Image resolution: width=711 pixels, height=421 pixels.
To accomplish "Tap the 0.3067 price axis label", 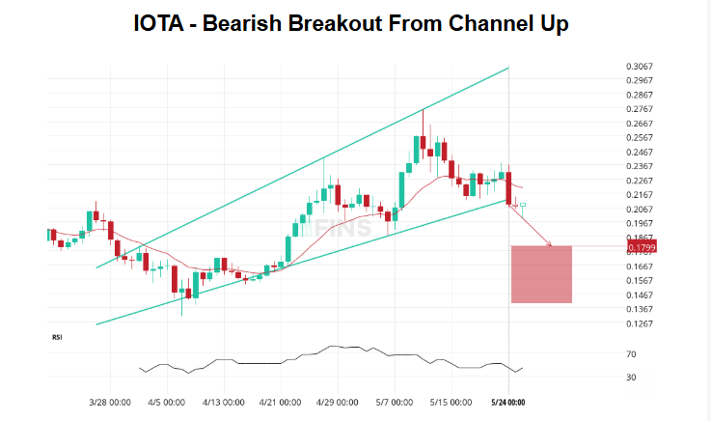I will [639, 67].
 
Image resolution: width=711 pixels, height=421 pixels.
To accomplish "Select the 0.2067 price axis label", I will [639, 210].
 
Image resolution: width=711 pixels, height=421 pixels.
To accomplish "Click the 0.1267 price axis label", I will [639, 323].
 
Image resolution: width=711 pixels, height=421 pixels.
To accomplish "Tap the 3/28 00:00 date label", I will [110, 402].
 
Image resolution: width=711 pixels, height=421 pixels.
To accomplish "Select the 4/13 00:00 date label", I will [224, 402].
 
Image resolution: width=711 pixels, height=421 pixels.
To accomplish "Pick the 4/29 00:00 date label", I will [337, 402].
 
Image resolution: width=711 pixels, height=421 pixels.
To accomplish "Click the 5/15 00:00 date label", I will [449, 402].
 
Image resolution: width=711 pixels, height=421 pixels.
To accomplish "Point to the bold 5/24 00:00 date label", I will [507, 402].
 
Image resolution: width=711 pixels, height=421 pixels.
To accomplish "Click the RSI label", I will [57, 337].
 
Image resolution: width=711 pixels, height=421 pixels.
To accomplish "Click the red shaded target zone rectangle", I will [541, 274].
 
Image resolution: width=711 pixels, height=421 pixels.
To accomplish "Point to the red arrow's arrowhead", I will [549, 245].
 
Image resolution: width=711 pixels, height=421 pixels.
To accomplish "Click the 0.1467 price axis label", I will [639, 295].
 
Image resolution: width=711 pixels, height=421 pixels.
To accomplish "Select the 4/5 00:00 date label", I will [167, 402].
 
